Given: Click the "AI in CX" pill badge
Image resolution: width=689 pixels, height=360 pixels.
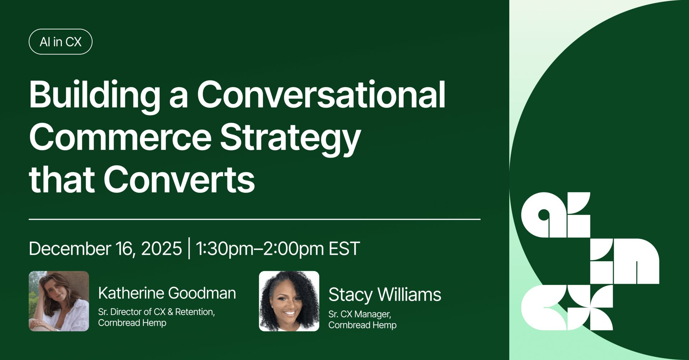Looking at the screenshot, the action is click(60, 42).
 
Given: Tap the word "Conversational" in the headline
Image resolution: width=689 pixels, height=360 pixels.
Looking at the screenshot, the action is click(321, 94).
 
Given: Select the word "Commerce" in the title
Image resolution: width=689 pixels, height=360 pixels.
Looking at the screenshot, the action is click(120, 137).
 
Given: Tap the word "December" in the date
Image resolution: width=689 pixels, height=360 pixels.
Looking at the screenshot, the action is click(70, 248).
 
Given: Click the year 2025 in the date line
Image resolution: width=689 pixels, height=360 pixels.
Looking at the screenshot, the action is click(161, 248).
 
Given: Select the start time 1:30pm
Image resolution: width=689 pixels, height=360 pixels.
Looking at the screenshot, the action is click(224, 249).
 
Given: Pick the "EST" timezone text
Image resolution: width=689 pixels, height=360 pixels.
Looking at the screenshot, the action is click(344, 248).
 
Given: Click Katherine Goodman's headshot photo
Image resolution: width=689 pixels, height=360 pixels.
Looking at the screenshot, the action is click(59, 301).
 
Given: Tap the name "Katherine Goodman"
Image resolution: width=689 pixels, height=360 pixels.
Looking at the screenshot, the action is click(167, 293).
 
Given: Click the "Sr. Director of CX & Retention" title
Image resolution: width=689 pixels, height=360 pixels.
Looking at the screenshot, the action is click(156, 312).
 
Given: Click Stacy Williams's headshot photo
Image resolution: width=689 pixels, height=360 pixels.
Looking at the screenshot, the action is click(289, 301).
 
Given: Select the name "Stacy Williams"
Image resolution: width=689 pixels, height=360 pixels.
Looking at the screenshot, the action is click(385, 295).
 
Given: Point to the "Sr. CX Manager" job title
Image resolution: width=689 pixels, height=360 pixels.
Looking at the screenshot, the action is click(360, 314).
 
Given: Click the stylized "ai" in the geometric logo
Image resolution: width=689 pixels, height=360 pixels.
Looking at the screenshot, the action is click(556, 215).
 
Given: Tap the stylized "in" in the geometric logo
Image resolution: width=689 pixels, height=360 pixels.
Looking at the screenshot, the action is click(625, 261).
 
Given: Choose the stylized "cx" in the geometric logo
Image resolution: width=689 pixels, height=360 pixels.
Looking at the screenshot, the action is click(567, 308).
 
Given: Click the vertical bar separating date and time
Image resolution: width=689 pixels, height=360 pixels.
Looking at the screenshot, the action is click(189, 248).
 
